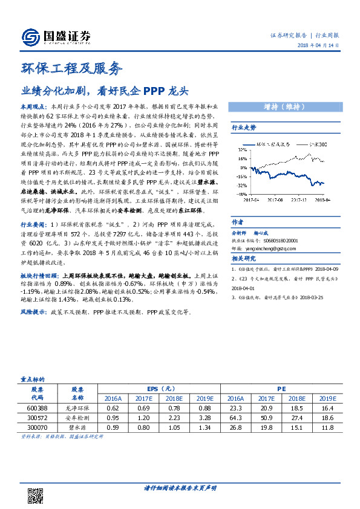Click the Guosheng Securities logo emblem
point(30,37)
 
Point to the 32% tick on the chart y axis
point(241,148)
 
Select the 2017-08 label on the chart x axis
point(274,198)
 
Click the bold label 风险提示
point(34,313)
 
